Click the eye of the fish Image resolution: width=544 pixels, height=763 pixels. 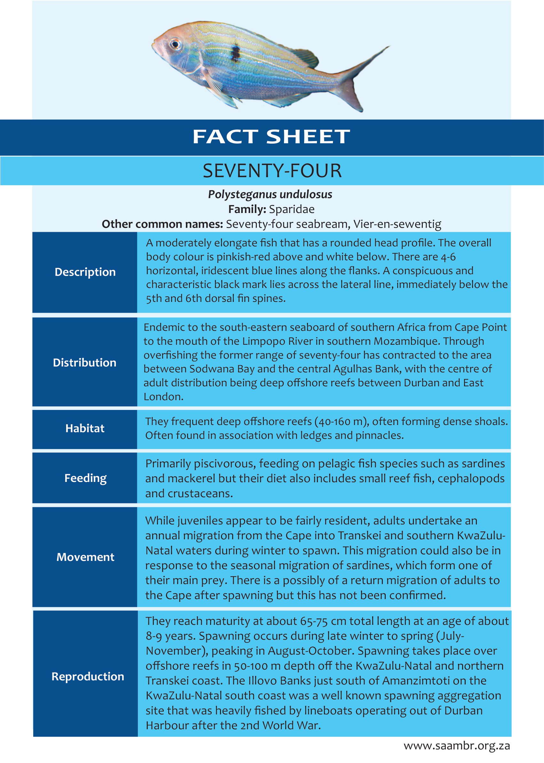(x=175, y=44)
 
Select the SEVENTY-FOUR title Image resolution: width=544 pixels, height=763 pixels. (x=272, y=170)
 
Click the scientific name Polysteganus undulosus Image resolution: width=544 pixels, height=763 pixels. (x=270, y=194)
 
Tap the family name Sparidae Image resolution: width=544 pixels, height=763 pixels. (x=292, y=209)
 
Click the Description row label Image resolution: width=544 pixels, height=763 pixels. (x=85, y=272)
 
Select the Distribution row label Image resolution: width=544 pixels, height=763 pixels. (x=85, y=362)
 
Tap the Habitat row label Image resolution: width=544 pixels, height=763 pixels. (x=85, y=428)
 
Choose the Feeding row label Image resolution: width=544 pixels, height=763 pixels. (x=85, y=478)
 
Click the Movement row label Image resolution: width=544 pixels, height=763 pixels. (x=85, y=557)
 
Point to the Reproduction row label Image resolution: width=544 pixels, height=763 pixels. (x=88, y=676)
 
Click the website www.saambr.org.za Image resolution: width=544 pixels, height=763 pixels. (x=457, y=746)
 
